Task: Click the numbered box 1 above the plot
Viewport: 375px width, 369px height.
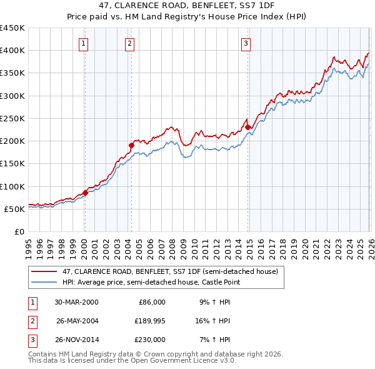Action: pyautogui.click(x=83, y=43)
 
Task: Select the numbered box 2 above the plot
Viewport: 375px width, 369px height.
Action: pyautogui.click(x=129, y=43)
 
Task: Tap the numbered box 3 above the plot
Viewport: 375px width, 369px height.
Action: pyautogui.click(x=246, y=43)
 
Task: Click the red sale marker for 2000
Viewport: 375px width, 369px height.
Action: pyautogui.click(x=85, y=193)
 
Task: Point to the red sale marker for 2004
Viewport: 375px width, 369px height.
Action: pyautogui.click(x=131, y=146)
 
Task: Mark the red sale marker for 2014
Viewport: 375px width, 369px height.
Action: pyautogui.click(x=248, y=127)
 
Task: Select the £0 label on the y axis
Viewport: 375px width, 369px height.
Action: pyautogui.click(x=19, y=231)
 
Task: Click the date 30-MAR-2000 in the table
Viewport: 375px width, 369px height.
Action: pyautogui.click(x=76, y=302)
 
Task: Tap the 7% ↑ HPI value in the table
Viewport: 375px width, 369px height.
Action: pyautogui.click(x=214, y=340)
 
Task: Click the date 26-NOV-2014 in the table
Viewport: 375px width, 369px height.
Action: pyautogui.click(x=76, y=340)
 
